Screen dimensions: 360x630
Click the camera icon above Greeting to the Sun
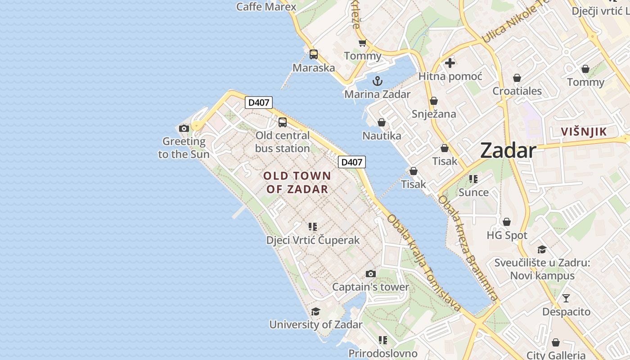point(184,129)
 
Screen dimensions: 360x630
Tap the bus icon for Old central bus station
point(283,122)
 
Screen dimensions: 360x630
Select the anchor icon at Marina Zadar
point(378,81)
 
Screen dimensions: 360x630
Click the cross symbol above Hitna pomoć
point(450,63)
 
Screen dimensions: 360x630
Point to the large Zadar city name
point(508,150)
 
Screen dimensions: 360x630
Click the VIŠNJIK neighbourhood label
point(584,132)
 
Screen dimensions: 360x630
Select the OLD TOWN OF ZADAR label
point(297,182)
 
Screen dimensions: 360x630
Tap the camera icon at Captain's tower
point(370,274)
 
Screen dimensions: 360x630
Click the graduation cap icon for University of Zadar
point(315,311)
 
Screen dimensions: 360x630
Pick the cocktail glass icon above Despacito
point(566,298)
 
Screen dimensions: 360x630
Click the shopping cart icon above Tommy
point(362,43)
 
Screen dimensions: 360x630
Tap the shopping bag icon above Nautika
point(381,122)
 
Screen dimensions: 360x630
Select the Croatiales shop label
point(517,91)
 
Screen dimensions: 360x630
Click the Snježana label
point(434,114)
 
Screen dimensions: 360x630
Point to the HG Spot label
point(507,235)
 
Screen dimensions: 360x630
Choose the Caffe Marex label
point(266,6)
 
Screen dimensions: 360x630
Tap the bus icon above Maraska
point(314,54)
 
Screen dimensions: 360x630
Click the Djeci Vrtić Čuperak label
point(313,240)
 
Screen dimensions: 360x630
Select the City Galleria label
point(556,355)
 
